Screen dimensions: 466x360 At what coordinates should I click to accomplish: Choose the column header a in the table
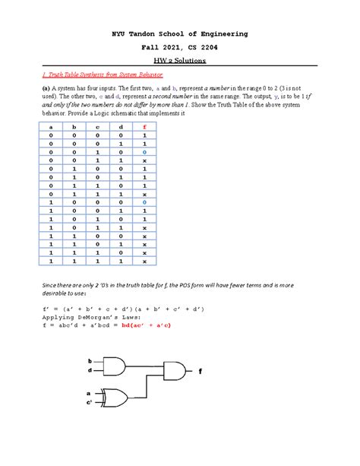click(52, 127)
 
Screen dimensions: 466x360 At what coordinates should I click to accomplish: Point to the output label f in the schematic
click(202, 372)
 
